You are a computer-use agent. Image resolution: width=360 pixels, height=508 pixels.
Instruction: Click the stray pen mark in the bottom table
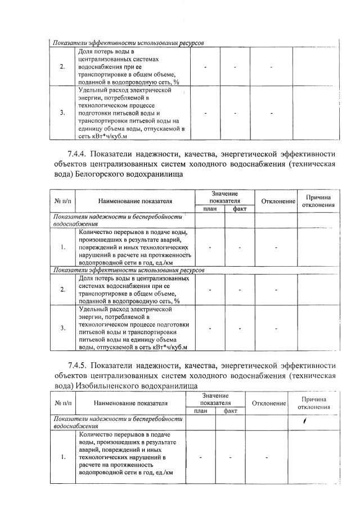305,420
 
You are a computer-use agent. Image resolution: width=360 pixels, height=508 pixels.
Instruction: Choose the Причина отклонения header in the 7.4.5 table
310,403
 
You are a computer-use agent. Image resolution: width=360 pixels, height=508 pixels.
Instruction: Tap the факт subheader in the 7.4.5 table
230,411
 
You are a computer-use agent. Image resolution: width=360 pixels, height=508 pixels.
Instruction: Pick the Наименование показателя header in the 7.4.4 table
135,201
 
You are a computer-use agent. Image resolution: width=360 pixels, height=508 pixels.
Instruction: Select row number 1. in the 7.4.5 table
62,457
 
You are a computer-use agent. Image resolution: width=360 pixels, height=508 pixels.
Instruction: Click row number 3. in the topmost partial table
62,113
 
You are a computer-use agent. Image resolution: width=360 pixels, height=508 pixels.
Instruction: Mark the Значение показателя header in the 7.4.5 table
216,399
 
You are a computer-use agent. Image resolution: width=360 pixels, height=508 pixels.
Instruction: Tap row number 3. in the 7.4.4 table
63,328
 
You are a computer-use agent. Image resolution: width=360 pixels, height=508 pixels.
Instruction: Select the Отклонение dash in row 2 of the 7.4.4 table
276,290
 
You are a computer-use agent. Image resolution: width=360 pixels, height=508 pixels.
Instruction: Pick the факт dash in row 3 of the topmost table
235,113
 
